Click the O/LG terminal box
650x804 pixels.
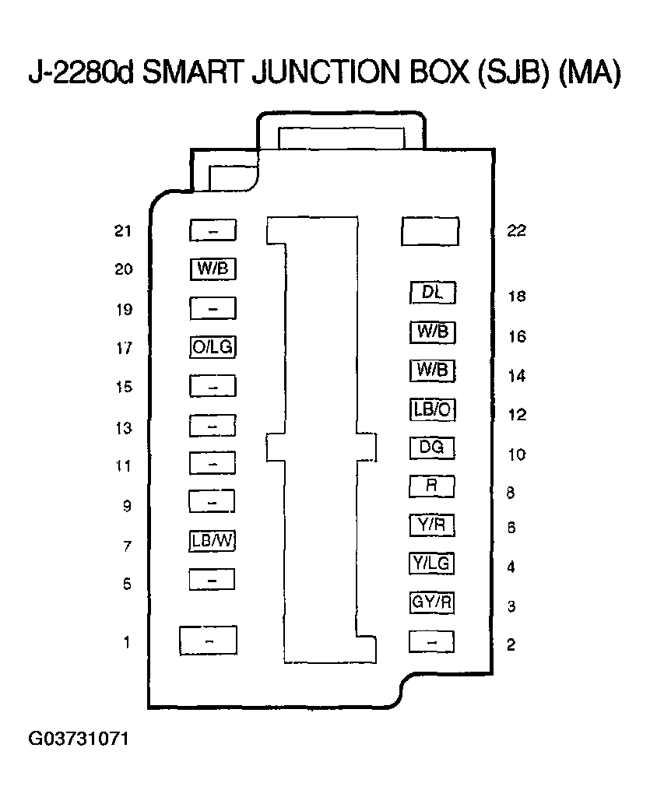pyautogui.click(x=213, y=347)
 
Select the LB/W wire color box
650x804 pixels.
pyautogui.click(x=213, y=540)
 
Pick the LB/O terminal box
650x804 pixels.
pyautogui.click(x=432, y=409)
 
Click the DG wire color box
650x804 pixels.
pyautogui.click(x=432, y=448)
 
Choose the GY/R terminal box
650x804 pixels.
pyautogui.click(x=432, y=602)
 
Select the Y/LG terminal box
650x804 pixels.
pyautogui.click(x=432, y=563)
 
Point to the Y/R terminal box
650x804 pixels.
pyautogui.click(x=432, y=525)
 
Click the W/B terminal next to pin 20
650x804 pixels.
pyautogui.click(x=213, y=269)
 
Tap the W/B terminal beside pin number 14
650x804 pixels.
pyautogui.click(x=432, y=370)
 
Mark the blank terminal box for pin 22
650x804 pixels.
pyautogui.click(x=430, y=231)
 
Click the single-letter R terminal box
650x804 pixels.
pyautogui.click(x=432, y=486)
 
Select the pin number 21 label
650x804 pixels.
pyautogui.click(x=124, y=231)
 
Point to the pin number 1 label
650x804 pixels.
pyautogui.click(x=126, y=642)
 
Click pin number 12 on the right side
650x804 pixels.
pyautogui.click(x=517, y=415)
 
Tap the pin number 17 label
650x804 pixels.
pyautogui.click(x=124, y=349)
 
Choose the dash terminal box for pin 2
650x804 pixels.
pyautogui.click(x=432, y=642)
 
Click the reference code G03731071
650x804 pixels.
pyautogui.click(x=79, y=738)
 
